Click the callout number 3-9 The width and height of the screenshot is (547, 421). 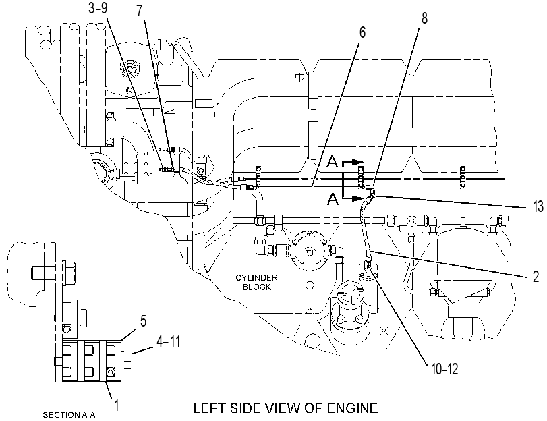coord(98,8)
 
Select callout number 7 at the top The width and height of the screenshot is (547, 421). coord(140,11)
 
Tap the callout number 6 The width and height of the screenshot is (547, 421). coord(362,32)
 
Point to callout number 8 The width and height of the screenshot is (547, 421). coord(424,18)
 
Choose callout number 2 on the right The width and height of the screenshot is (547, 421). coord(536,277)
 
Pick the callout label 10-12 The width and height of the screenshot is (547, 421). coord(444,369)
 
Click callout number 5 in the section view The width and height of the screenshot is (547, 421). coord(144,321)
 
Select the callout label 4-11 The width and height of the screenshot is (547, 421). coord(168,341)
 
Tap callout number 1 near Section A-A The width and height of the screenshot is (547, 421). coord(117,405)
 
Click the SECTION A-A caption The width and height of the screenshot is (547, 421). coord(69,415)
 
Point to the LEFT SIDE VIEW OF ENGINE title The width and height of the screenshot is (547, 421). coord(285,408)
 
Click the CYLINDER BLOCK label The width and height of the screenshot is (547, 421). coord(256,283)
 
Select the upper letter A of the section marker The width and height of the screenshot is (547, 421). coord(333,161)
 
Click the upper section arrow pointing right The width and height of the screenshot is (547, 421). coord(353,162)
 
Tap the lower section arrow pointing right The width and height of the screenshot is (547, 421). coord(353,198)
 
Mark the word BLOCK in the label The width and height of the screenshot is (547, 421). coord(257,287)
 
